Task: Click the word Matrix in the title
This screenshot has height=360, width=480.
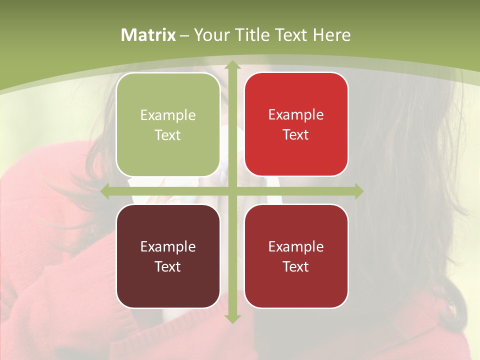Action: [x=148, y=35]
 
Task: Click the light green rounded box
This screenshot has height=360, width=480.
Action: [x=168, y=124]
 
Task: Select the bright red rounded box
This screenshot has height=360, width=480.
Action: [x=296, y=124]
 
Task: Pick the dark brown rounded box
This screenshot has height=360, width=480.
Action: [x=168, y=256]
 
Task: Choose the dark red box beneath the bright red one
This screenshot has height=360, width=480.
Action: [x=296, y=256]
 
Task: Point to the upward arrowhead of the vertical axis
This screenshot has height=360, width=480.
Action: [x=232, y=65]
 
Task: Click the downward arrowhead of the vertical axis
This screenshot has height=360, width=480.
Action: [x=232, y=318]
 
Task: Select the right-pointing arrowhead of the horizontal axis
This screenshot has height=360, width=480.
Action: [x=358, y=191]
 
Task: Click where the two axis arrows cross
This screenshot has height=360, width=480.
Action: [x=232, y=191]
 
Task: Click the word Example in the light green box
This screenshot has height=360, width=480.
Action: [x=168, y=115]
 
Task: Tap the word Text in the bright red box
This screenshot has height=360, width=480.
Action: [x=296, y=134]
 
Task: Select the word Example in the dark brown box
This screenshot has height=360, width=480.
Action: [x=168, y=246]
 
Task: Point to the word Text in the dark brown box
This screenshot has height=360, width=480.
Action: [x=168, y=266]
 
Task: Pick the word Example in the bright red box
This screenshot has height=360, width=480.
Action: [x=296, y=114]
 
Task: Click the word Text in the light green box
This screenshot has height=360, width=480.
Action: [x=168, y=135]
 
